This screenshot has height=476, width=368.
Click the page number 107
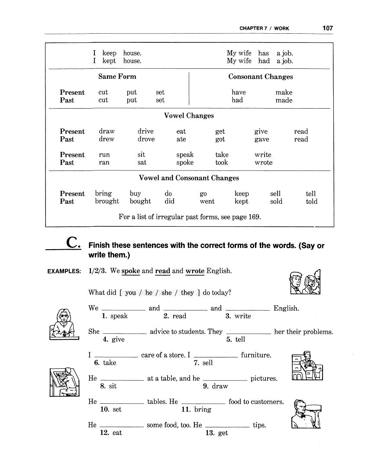pyautogui.click(x=328, y=28)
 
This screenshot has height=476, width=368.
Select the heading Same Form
pyautogui.click(x=117, y=77)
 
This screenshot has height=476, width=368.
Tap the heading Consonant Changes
pyautogui.click(x=261, y=77)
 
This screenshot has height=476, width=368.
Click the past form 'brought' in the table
pyautogui.click(x=107, y=201)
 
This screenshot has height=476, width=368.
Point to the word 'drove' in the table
pyautogui.click(x=146, y=139)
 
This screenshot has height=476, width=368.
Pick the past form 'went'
pyautogui.click(x=207, y=201)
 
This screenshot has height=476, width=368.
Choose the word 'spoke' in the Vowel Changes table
pyautogui.click(x=185, y=162)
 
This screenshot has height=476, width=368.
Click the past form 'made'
pyautogui.click(x=284, y=100)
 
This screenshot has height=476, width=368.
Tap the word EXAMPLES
pyautogui.click(x=64, y=271)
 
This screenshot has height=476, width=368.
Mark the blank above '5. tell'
pyautogui.click(x=249, y=332)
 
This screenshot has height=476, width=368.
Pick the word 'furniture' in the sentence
pyautogui.click(x=256, y=355)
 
